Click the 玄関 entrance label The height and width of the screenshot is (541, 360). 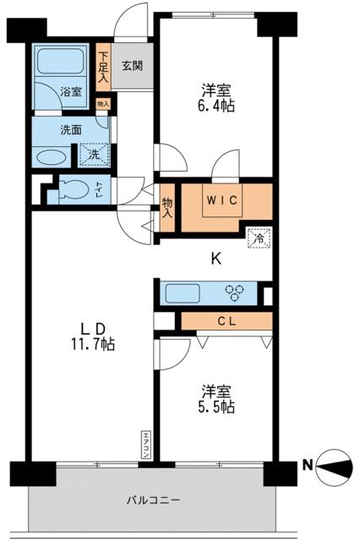point(131,64)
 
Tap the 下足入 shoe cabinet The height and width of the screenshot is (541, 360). point(103,69)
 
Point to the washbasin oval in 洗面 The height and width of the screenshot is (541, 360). point(52,158)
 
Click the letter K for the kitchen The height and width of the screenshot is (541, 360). point(215,260)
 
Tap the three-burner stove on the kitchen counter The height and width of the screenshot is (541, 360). point(235,293)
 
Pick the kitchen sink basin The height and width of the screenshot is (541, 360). point(182,294)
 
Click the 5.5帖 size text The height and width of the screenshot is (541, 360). point(217,407)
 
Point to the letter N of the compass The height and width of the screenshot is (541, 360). point(308,462)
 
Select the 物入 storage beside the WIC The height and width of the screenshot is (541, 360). point(166,207)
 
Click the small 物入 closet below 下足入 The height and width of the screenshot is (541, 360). point(103,105)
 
